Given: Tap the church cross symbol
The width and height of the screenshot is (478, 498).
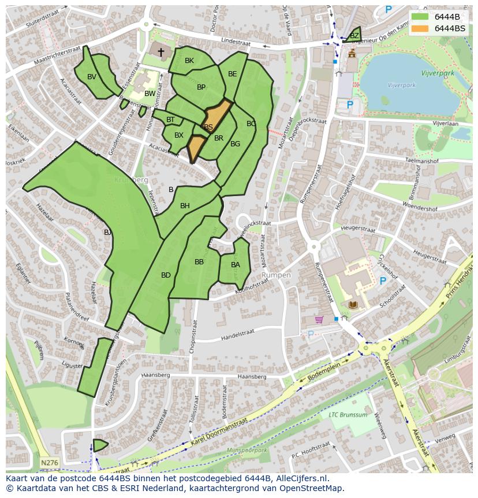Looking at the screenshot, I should point(161,53).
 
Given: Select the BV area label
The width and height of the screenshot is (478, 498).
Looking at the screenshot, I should point(92,77).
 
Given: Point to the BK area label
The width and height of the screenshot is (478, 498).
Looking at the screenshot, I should point(189,61).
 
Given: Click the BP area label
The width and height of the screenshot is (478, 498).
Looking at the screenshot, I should point(201,87).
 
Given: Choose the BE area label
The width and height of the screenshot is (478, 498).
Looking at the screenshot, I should point(232,74).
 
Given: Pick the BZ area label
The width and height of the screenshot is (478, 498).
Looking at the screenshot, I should point(354,36).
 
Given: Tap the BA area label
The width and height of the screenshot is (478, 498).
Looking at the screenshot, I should point(235,265).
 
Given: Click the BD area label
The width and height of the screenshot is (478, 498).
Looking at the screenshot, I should point(166,275).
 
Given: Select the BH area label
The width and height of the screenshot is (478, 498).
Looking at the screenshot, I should point(185,206).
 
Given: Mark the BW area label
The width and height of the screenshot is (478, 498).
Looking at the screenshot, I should point(150,94).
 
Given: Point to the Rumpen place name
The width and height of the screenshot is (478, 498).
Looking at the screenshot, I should point(276,275).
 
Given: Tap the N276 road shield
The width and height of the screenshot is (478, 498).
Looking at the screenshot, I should point(49,463).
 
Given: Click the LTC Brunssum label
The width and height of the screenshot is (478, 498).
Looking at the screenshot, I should point(348,415).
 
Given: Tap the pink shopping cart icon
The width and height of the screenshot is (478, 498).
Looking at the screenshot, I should point(319,319).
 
